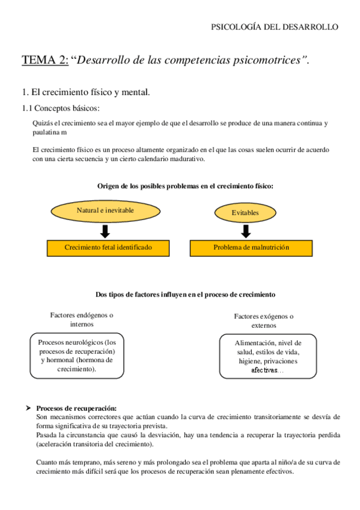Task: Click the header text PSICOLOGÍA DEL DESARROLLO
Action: point(275,27)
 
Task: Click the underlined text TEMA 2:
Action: point(45,60)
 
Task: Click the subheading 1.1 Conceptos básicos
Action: point(60,108)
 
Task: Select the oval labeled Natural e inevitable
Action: point(105,210)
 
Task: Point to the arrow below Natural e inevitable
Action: point(105,231)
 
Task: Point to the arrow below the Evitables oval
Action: point(245,231)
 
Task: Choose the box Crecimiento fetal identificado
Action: point(108,247)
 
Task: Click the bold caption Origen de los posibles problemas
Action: point(185,186)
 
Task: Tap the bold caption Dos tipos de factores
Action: point(185,294)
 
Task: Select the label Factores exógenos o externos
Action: point(263,321)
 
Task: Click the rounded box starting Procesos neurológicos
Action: point(76,355)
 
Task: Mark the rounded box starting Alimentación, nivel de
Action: point(267,356)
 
